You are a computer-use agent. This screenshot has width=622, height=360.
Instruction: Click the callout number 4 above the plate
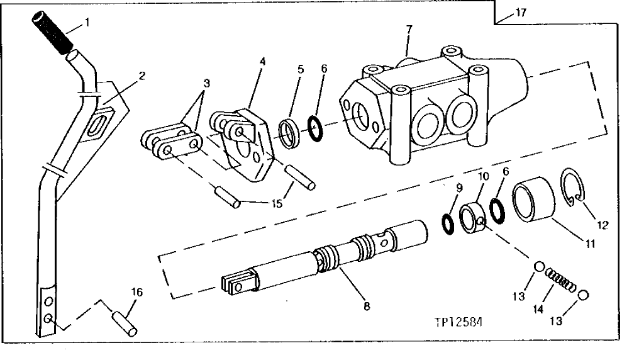[262, 63]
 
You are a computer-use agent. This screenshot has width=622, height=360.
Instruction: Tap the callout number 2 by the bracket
[142, 76]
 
